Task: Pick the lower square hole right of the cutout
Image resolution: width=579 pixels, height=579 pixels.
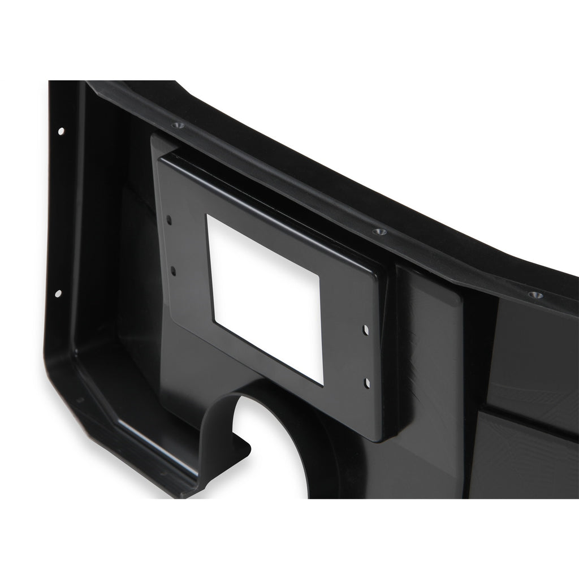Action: point(368,383)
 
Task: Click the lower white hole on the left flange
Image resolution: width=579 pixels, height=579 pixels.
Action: point(58,293)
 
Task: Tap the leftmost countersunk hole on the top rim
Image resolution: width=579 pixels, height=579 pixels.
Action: point(179,125)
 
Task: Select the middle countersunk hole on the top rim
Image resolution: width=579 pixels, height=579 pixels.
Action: point(379,232)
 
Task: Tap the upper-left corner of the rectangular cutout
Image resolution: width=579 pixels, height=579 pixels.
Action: point(208,216)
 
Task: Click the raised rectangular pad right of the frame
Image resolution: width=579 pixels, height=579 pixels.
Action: point(430,362)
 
